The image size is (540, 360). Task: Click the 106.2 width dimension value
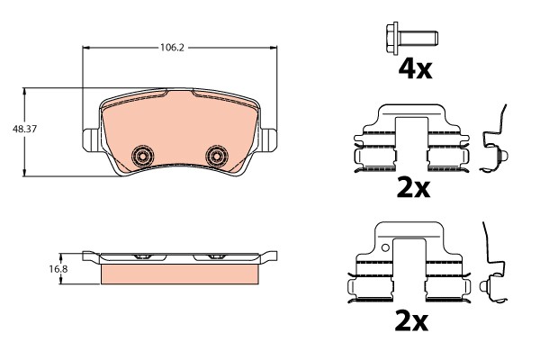(173, 48)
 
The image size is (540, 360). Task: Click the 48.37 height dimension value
(24, 130)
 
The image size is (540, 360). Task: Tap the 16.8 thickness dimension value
(58, 269)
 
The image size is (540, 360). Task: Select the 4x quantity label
(415, 69)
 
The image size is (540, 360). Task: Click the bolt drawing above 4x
(412, 38)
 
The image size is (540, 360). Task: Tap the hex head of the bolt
(392, 38)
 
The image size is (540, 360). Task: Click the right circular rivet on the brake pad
(216, 156)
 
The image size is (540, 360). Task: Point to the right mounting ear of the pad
(268, 139)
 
